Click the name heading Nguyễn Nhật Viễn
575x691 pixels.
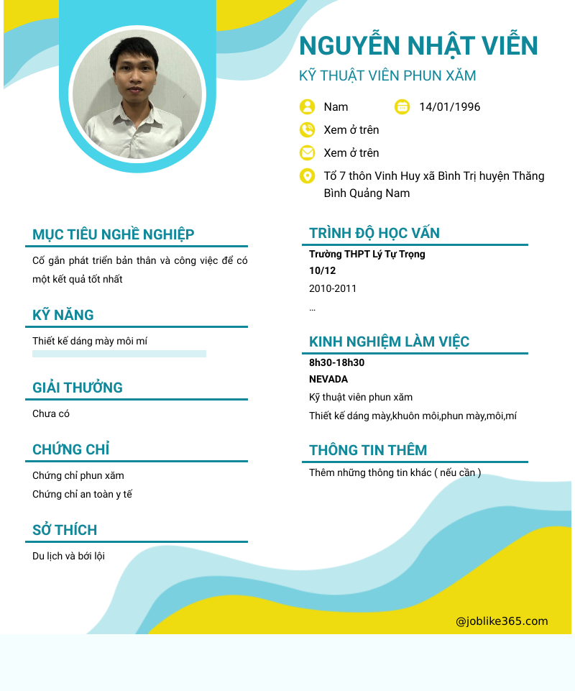pyautogui.click(x=418, y=46)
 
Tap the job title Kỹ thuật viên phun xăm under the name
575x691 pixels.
pyautogui.click(x=387, y=75)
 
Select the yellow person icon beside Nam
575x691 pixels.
pyautogui.click(x=307, y=107)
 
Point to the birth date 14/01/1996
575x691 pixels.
pyautogui.click(x=449, y=107)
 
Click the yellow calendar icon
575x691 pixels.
pyautogui.click(x=402, y=107)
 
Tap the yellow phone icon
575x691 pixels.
pyautogui.click(x=307, y=130)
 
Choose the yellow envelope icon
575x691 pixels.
pyautogui.click(x=307, y=153)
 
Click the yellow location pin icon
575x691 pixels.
pyautogui.click(x=307, y=176)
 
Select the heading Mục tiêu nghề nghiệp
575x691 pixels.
pyautogui.click(x=113, y=234)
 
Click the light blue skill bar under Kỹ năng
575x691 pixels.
pyautogui.click(x=119, y=354)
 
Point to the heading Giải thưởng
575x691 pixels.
pyautogui.click(x=78, y=388)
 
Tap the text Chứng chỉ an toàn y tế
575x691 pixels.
pyautogui.click(x=82, y=494)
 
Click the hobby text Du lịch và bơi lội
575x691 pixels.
pyautogui.click(x=68, y=556)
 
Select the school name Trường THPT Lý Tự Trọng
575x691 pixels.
pyautogui.click(x=367, y=254)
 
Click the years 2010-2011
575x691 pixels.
pyautogui.click(x=333, y=288)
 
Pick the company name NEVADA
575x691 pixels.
pyautogui.click(x=328, y=379)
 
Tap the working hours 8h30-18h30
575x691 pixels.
pyautogui.click(x=336, y=362)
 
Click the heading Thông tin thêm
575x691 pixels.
pyautogui.click(x=368, y=450)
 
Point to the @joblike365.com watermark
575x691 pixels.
pyautogui.click(x=502, y=621)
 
